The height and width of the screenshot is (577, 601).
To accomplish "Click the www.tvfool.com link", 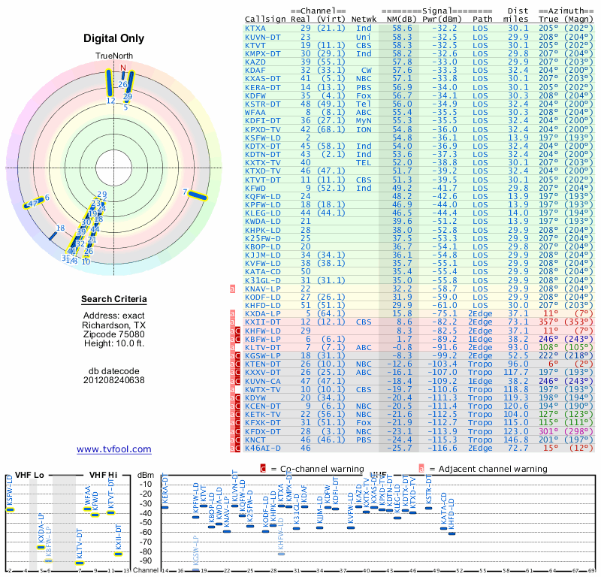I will pos(114,449).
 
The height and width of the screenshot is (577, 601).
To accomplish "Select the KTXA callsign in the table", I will pos(255,28).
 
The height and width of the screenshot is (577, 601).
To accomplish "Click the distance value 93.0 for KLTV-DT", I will pos(515,346).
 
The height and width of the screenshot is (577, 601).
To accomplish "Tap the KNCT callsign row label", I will pos(255,439).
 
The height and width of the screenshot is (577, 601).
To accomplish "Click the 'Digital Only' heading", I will pos(114,38).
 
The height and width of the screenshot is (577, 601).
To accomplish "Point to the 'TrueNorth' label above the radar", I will pos(114,56).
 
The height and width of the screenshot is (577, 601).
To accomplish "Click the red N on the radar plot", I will pos(123,68).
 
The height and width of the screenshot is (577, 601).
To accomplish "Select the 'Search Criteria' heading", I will pos(114,300).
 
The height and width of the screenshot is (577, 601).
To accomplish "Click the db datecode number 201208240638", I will pos(114,379).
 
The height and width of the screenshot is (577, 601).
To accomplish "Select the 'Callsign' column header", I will pos(265,19).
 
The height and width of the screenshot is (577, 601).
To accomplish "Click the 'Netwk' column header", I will pos(364,19).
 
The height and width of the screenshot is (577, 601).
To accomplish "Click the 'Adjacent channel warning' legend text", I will pos(489,469).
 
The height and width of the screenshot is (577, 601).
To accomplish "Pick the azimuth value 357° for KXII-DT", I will pos(550,322).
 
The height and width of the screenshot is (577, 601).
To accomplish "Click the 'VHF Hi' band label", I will pos(103,475).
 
